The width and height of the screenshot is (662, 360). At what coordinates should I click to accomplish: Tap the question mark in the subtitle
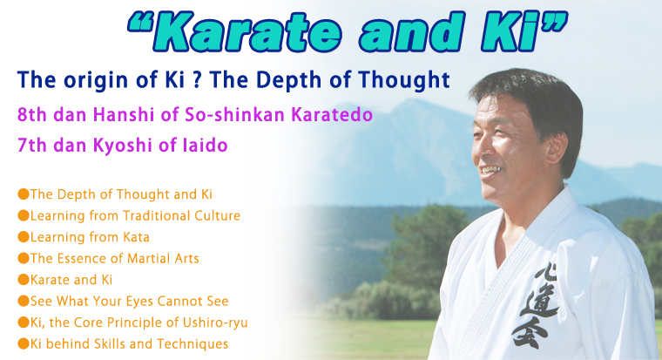[x=196, y=80]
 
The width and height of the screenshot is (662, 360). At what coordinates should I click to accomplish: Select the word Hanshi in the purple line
[x=124, y=114]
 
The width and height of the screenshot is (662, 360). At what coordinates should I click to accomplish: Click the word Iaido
[x=206, y=145]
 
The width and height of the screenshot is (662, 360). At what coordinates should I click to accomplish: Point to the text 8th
[x=32, y=114]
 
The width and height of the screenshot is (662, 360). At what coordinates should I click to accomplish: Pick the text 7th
[x=32, y=145]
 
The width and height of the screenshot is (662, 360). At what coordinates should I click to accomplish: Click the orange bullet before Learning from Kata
[x=24, y=236]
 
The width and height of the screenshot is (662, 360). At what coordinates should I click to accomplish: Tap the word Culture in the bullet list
[x=217, y=215]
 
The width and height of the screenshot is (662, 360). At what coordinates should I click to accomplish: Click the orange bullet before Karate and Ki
[x=24, y=279]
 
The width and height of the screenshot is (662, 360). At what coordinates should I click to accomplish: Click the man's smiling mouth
[x=490, y=170]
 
